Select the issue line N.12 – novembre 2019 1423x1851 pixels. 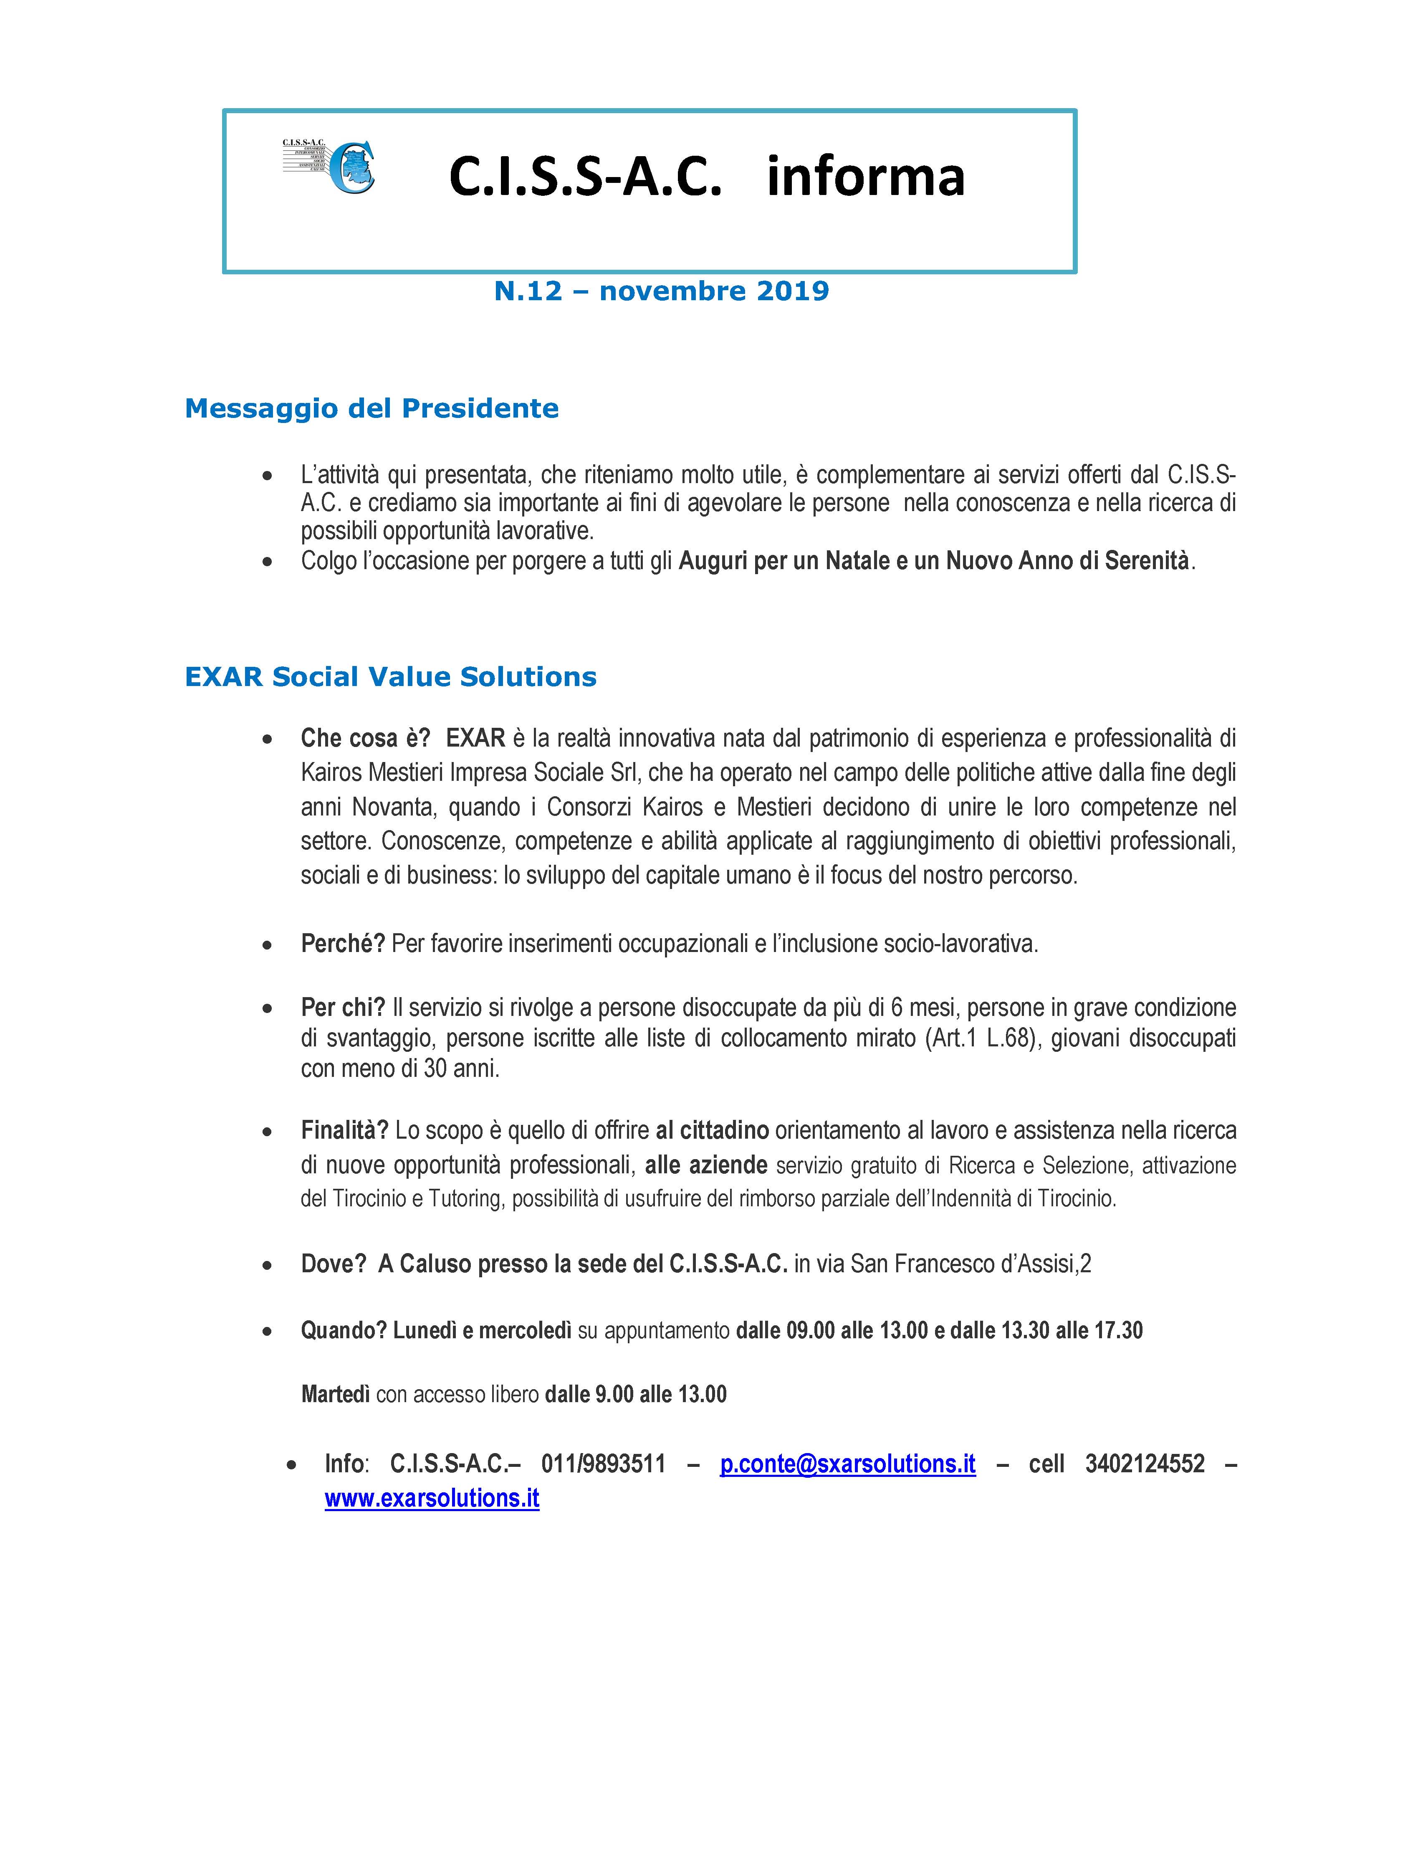pyautogui.click(x=661, y=291)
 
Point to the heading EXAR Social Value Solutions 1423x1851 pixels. pyautogui.click(x=390, y=677)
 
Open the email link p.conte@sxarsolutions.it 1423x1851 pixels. pyautogui.click(x=847, y=1464)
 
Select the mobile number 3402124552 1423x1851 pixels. pyautogui.click(x=1144, y=1464)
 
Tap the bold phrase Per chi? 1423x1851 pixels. pyautogui.click(x=342, y=1007)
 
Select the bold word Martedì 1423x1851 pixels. pyautogui.click(x=336, y=1394)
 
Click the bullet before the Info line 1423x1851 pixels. pyautogui.click(x=291, y=1465)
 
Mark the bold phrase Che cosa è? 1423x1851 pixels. pyautogui.click(x=365, y=738)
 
